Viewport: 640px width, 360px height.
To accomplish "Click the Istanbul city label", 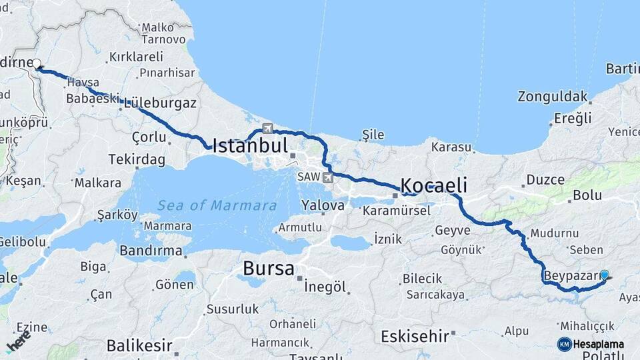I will [250, 146].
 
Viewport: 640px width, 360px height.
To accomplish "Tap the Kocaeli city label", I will [433, 185].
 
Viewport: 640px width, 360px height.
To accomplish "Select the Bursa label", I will [268, 269].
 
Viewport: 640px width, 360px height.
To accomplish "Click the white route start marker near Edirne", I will [37, 65].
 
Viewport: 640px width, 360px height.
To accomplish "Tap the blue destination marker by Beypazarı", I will [605, 275].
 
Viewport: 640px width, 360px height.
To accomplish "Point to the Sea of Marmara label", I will [217, 205].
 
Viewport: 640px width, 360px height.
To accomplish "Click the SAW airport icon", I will [327, 177].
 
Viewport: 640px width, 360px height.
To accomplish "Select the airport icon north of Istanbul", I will [268, 128].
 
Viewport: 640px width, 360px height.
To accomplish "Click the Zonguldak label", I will [553, 96].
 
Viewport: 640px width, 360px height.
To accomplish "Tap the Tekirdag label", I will [138, 160].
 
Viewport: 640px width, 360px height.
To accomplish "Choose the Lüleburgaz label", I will [160, 103].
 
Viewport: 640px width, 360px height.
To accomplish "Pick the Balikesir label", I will [139, 346].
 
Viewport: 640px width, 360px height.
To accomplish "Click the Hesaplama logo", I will [591, 344].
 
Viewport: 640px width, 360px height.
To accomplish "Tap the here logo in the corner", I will [17, 341].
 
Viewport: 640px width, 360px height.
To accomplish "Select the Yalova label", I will [323, 205].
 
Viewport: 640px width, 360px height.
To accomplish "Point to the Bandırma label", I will [151, 251].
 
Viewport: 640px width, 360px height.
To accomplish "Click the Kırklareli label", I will [136, 57].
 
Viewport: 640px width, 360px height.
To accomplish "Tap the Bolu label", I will [587, 195].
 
